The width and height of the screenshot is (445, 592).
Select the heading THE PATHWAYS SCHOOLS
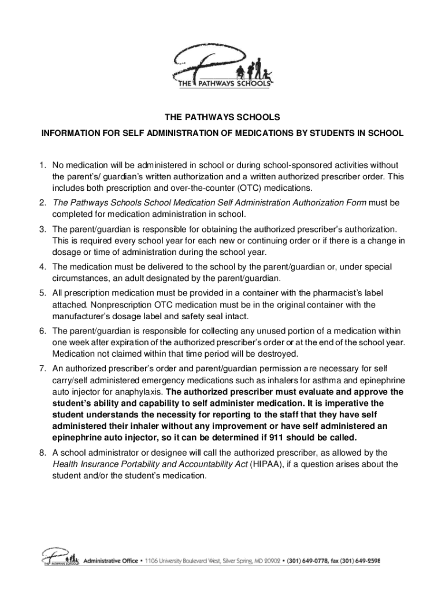222,117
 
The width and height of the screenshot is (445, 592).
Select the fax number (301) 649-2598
358,561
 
